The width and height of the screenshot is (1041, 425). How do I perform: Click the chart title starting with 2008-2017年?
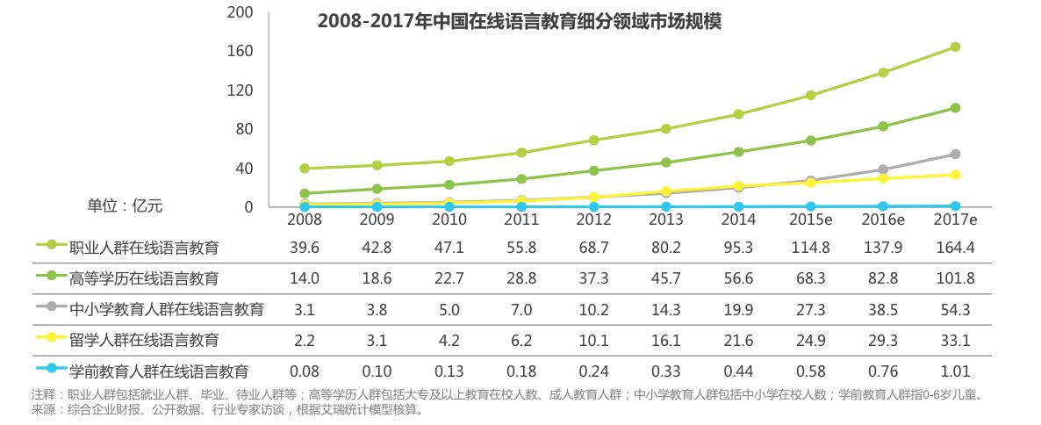point(520,21)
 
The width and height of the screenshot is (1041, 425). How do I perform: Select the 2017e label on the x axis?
point(955,219)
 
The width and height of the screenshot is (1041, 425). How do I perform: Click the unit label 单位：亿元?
point(125,206)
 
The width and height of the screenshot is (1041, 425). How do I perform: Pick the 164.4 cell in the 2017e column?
point(955,248)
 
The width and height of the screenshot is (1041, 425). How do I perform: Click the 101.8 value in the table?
point(955,278)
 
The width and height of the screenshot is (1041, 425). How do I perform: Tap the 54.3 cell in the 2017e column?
point(955,309)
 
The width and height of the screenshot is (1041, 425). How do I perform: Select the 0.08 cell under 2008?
point(304,371)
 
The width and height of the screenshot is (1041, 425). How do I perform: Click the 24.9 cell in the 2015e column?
point(809,340)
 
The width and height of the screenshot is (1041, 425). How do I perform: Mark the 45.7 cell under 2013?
point(665,278)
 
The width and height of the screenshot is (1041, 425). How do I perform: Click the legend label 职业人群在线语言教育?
point(144,248)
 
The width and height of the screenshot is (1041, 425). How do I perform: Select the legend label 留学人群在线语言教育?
point(144,340)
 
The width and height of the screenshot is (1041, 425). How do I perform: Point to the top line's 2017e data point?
point(955,47)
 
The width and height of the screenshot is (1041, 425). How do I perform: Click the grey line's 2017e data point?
point(955,155)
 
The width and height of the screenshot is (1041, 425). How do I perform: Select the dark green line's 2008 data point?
point(304,193)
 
